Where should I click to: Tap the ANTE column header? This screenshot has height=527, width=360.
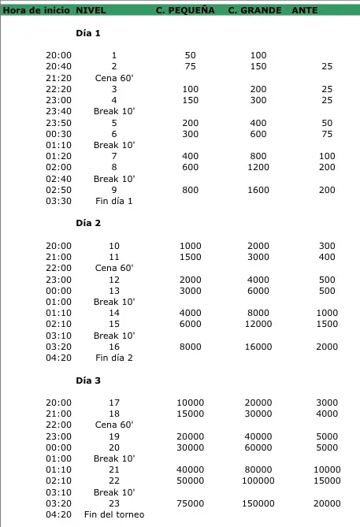[305, 10]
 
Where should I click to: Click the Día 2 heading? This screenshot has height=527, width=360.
[88, 223]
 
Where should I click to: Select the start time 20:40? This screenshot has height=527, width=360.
[58, 67]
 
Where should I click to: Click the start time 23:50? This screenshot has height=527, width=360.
[58, 123]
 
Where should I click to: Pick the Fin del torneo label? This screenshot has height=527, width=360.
[114, 514]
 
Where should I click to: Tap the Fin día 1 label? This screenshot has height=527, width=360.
[114, 201]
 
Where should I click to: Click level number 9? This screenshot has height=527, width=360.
[114, 190]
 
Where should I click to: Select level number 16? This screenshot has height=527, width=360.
[114, 347]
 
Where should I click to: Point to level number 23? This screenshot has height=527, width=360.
[114, 503]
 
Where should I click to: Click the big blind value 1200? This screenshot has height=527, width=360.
[258, 168]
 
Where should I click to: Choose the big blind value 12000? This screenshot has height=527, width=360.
[258, 324]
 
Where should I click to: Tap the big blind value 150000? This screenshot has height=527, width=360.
[258, 503]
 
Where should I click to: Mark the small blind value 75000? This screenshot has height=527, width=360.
[191, 503]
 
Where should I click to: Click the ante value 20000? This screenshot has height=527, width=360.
[328, 503]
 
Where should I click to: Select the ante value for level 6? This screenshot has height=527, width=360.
[328, 134]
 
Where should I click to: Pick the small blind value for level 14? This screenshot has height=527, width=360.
[191, 313]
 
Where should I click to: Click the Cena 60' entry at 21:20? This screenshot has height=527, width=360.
[114, 78]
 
